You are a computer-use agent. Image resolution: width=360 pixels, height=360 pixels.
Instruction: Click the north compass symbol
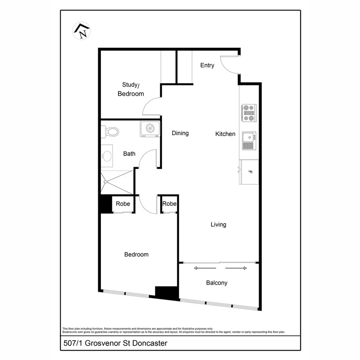click(82, 31)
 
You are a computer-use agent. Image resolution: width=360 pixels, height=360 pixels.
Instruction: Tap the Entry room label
click(207, 65)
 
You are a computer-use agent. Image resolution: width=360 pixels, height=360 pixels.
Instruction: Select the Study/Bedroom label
click(131, 89)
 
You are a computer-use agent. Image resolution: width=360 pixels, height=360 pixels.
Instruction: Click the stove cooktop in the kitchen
click(249, 113)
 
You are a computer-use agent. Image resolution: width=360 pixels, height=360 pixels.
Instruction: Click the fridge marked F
click(249, 172)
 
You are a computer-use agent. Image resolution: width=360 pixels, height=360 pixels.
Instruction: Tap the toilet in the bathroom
click(110, 132)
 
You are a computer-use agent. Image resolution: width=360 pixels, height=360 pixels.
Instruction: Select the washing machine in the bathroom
click(150, 129)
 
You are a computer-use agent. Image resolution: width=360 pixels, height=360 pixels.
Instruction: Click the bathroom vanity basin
click(107, 156)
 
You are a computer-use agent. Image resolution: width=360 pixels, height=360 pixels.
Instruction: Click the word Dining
click(180, 133)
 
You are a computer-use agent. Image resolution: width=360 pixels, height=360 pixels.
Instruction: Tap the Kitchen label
click(225, 134)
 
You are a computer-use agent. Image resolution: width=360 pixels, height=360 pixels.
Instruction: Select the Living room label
click(218, 224)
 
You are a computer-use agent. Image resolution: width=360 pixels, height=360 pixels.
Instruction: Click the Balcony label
click(217, 283)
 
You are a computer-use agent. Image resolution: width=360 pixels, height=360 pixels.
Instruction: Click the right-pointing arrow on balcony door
click(236, 268)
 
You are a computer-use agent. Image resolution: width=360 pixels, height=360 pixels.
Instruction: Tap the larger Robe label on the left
click(123, 204)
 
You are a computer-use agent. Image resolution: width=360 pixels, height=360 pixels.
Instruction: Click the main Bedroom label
click(136, 254)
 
